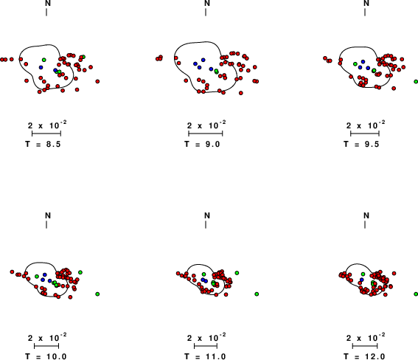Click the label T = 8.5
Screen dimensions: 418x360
click(x=43, y=145)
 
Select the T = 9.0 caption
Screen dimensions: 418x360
click(x=202, y=145)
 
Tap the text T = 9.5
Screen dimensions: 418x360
click(x=361, y=145)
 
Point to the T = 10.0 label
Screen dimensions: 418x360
click(x=46, y=356)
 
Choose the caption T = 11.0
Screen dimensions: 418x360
click(x=205, y=356)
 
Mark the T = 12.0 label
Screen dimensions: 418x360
click(x=364, y=356)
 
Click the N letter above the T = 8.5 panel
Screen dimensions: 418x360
click(x=48, y=3)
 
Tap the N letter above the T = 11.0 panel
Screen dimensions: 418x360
click(x=207, y=215)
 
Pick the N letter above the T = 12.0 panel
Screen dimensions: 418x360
click(x=366, y=215)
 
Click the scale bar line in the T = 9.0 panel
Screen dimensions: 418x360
click(x=205, y=134)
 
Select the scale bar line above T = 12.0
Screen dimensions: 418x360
click(x=365, y=346)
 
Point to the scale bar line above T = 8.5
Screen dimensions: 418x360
click(x=46, y=134)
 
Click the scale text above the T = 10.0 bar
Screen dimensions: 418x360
click(x=47, y=338)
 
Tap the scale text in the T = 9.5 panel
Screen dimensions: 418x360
click(x=366, y=125)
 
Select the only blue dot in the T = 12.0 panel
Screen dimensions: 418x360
click(x=361, y=280)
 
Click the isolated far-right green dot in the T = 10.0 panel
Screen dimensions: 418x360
click(x=97, y=294)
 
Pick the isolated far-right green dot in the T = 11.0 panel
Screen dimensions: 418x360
click(x=257, y=294)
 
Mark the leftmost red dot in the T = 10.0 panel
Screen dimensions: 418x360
click(x=12, y=271)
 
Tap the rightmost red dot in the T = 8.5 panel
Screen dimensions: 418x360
click(x=97, y=81)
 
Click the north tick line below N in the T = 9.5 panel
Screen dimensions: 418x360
click(x=365, y=12)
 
